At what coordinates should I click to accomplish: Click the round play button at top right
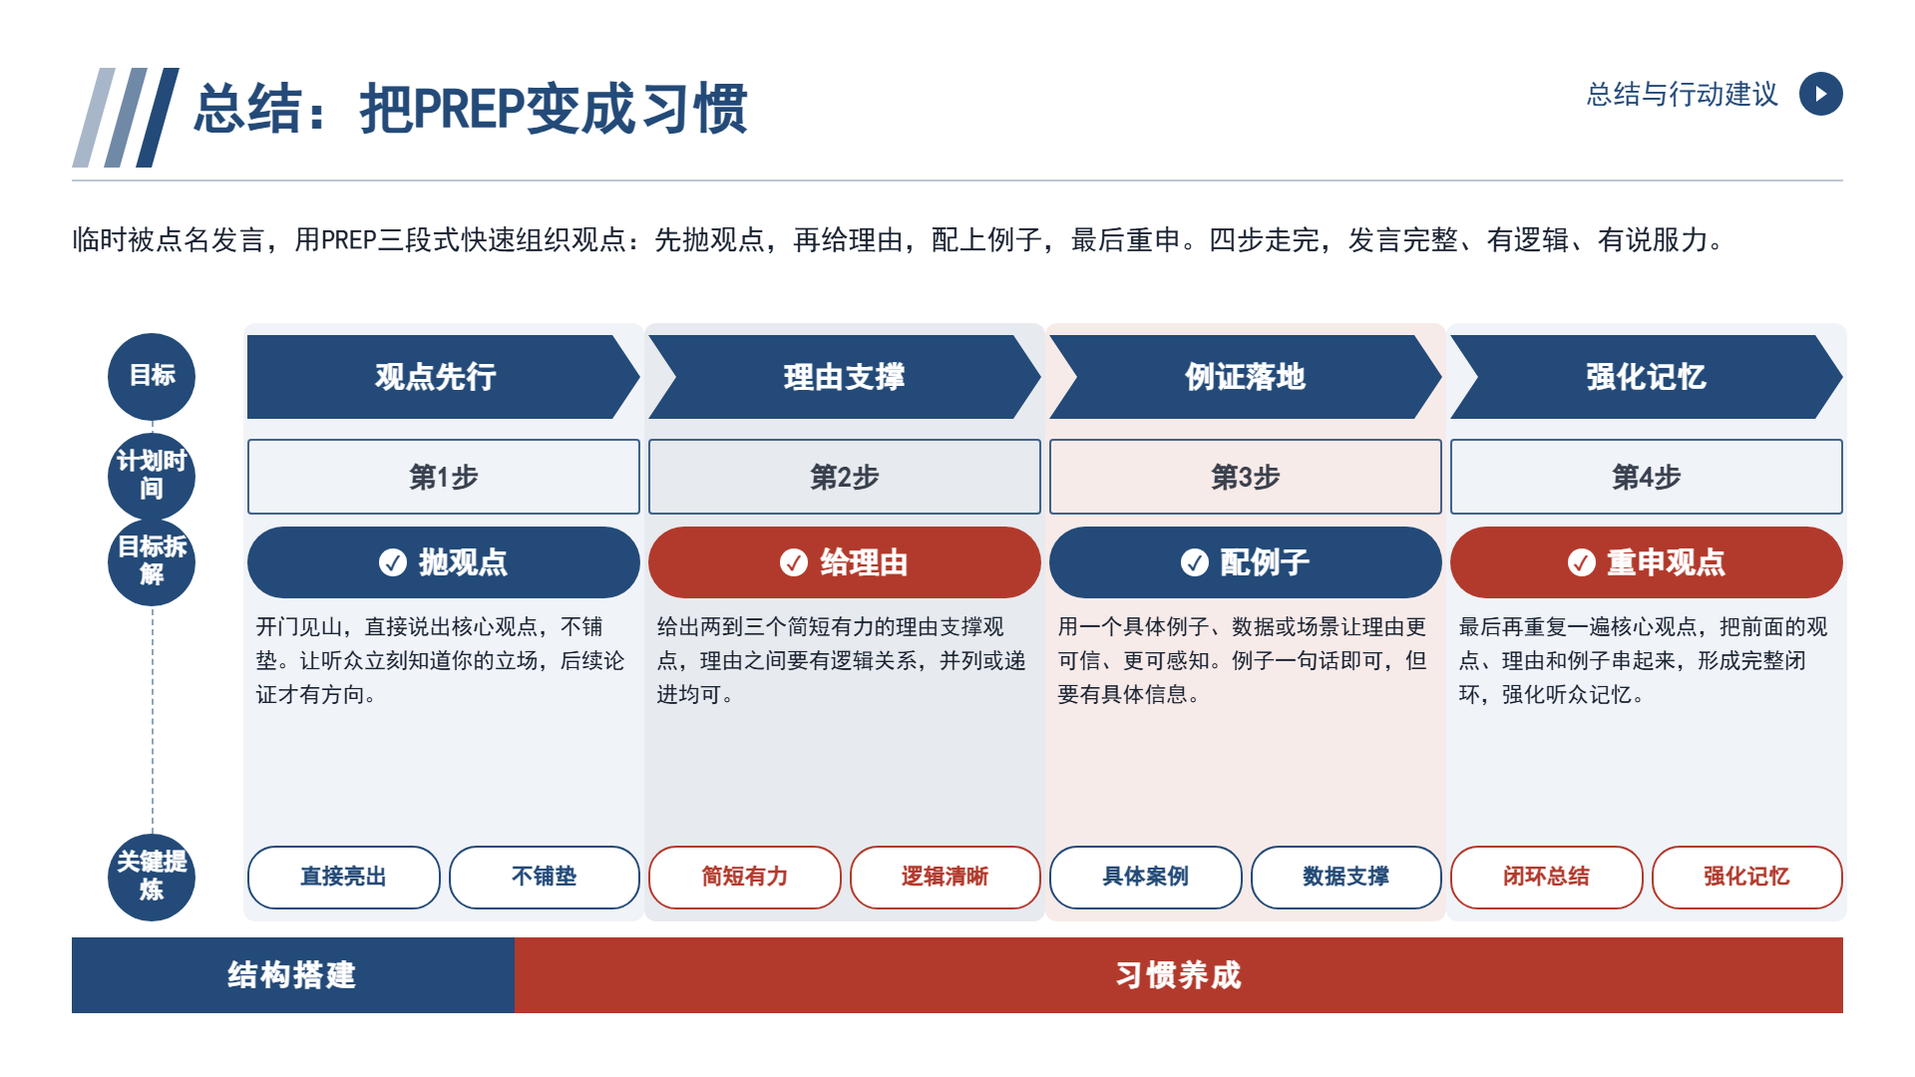click(1820, 94)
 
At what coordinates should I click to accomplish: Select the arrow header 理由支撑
click(845, 377)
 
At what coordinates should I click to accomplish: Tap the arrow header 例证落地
click(1246, 377)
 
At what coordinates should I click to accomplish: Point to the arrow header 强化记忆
click(1647, 377)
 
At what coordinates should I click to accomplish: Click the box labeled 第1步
click(444, 477)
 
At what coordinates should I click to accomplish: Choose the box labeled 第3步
click(1246, 477)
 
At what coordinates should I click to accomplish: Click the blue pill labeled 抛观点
click(444, 562)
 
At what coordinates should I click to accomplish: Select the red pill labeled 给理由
click(845, 562)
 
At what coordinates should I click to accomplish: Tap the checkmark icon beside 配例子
click(1194, 562)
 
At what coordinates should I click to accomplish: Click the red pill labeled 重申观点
click(1647, 562)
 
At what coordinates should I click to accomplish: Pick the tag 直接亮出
click(344, 878)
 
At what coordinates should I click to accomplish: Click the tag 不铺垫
click(545, 878)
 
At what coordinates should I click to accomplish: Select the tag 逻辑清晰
click(946, 878)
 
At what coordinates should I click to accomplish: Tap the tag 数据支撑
click(1346, 878)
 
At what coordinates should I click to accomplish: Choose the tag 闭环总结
click(1547, 878)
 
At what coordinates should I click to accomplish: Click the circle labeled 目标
click(152, 377)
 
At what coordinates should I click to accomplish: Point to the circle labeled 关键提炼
click(152, 878)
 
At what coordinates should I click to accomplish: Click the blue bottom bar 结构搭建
click(293, 975)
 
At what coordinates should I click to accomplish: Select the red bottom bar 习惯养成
click(1179, 975)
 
